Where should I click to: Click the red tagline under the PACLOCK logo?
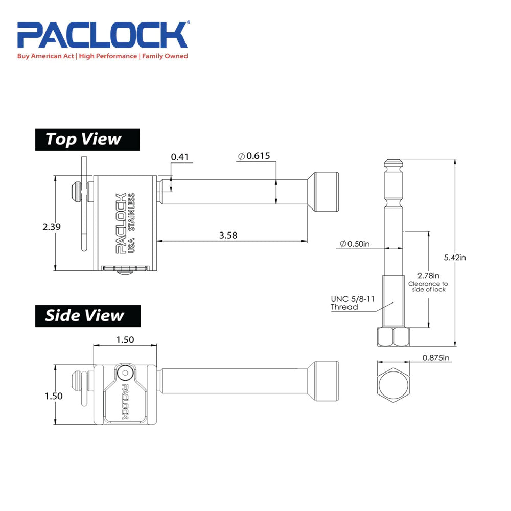[103, 56]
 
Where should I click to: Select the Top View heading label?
[84, 139]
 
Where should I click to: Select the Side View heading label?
[85, 315]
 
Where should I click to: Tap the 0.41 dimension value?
[180, 157]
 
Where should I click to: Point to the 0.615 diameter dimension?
[254, 156]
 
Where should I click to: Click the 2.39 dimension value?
[52, 227]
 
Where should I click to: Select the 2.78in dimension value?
[428, 275]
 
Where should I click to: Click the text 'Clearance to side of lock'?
[428, 287]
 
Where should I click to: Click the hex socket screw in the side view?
[124, 375]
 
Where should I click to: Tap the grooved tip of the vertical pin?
[393, 167]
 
